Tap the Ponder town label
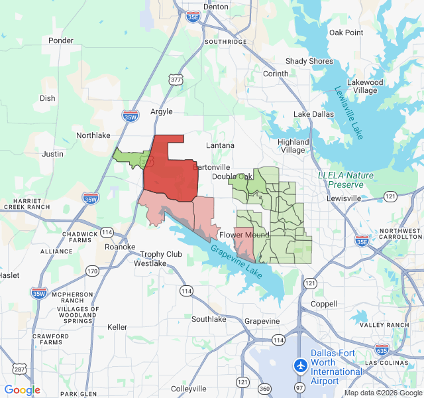pyautogui.click(x=61, y=40)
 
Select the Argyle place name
pyautogui.click(x=161, y=111)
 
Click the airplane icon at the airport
pyautogui.click(x=301, y=365)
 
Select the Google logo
pyautogui.click(x=22, y=390)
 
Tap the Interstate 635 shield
pyautogui.click(x=382, y=349)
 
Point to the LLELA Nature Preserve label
pyautogui.click(x=345, y=180)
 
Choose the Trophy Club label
pyautogui.click(x=161, y=254)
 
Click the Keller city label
pyautogui.click(x=117, y=327)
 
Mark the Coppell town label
pyautogui.click(x=323, y=304)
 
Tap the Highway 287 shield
pyautogui.click(x=19, y=369)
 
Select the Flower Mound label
pyautogui.click(x=244, y=235)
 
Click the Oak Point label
pyautogui.click(x=346, y=33)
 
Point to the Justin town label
pyautogui.click(x=53, y=154)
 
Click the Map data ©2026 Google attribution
pyautogui.click(x=383, y=393)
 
